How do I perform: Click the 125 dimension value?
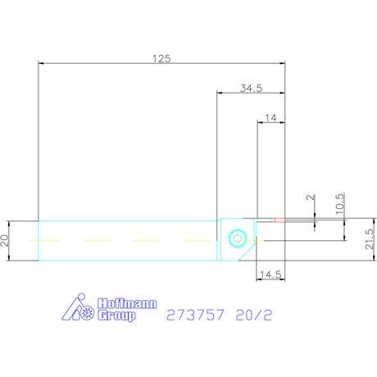tap(161, 59)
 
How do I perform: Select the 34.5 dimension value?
tap(251, 89)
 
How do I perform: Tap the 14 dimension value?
tap(270, 118)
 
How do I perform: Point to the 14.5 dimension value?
tap(270, 275)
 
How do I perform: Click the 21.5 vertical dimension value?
tap(370, 239)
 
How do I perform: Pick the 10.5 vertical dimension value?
tap(340, 204)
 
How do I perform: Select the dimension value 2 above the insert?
tap(311, 198)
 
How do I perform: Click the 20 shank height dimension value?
tap(5, 240)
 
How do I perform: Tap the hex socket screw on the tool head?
tap(238, 238)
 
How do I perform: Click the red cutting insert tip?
tap(279, 220)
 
